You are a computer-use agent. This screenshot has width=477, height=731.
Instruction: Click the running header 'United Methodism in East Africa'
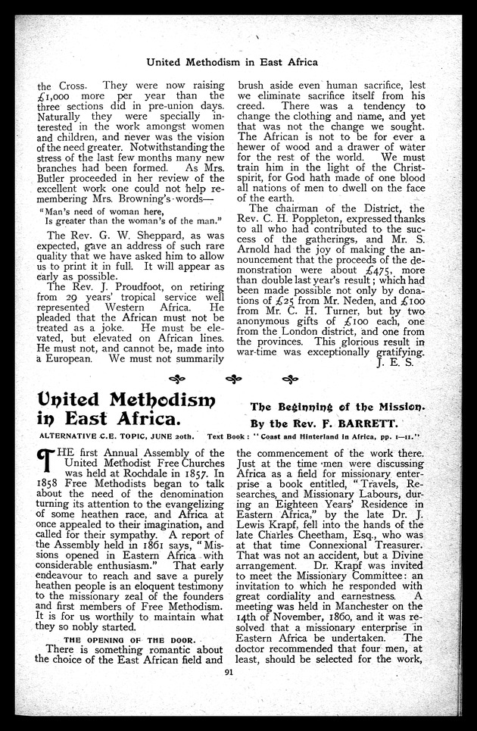[232, 61]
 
